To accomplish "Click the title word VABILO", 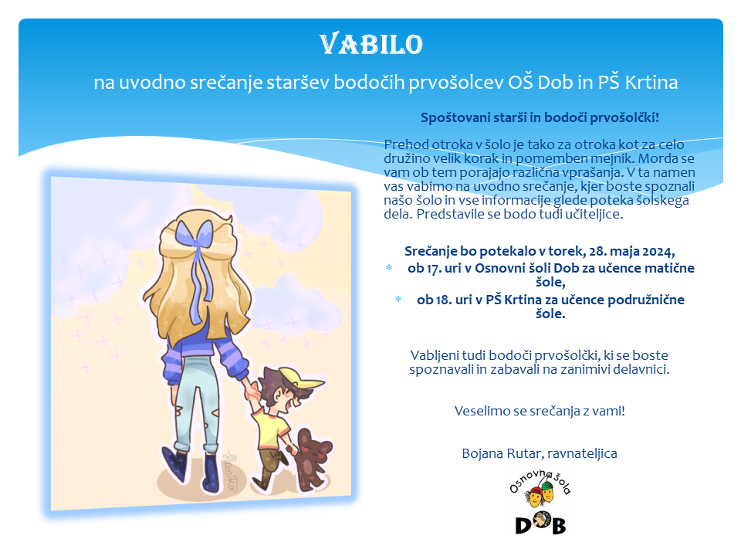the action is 371,45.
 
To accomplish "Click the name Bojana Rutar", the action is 502,453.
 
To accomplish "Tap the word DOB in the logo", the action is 540,524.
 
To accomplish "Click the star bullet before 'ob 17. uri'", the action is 389,268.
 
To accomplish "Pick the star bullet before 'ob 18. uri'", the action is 398,300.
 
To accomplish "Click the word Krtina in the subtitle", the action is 651,83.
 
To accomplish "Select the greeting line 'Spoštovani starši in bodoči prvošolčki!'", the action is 540,117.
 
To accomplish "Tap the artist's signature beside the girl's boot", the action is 231,471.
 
